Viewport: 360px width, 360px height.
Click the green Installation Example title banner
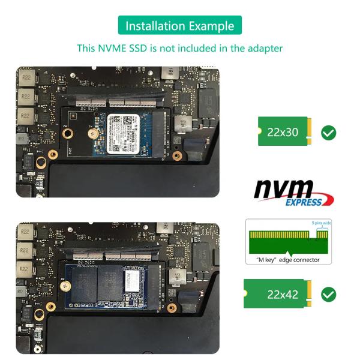tap(180, 26)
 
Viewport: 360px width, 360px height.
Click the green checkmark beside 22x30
tap(329, 133)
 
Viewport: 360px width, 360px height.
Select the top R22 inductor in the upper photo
tap(26, 78)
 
